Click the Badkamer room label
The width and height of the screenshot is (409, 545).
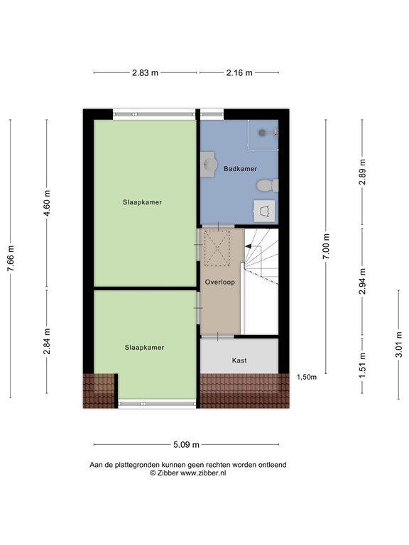tap(240, 169)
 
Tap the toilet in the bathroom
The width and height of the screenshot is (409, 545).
tap(266, 186)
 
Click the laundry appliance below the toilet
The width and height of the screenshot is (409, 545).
tap(266, 211)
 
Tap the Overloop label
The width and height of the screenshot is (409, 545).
tap(220, 282)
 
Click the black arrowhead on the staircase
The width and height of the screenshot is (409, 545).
tap(248, 246)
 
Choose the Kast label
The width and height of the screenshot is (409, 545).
tap(239, 360)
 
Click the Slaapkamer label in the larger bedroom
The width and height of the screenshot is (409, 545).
tap(141, 202)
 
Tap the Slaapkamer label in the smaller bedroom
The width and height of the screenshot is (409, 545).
tap(144, 348)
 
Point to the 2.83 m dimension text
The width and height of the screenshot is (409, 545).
tap(145, 72)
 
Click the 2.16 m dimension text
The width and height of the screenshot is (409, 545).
tap(239, 72)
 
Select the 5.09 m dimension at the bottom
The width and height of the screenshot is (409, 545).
tap(185, 445)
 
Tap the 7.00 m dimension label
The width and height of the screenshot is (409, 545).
tap(327, 246)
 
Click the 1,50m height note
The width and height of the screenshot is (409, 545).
tap(306, 378)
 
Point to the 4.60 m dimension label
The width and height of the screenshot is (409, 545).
tap(48, 203)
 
